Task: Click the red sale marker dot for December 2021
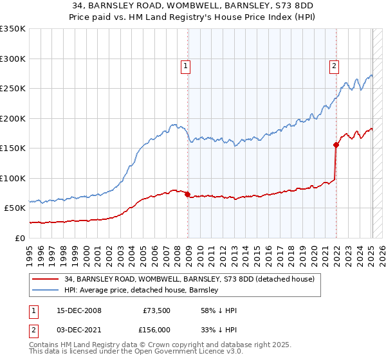point(336,145)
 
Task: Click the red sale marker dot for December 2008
point(187,194)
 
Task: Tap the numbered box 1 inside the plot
point(185,65)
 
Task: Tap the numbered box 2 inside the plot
point(335,65)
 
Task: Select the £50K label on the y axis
point(14,208)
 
